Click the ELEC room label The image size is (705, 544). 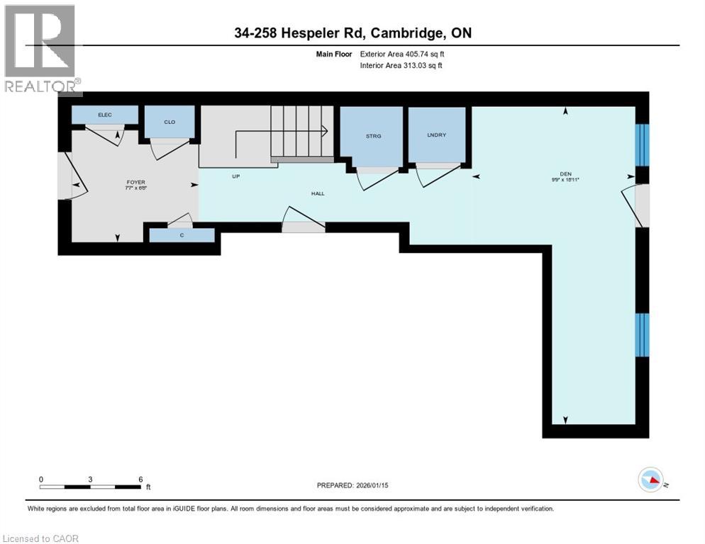(105, 115)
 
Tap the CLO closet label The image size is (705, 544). (170, 122)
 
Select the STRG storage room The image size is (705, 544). (373, 135)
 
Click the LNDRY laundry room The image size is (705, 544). (436, 135)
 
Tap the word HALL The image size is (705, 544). (318, 193)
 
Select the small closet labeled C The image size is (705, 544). (182, 234)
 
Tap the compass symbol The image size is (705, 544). (650, 480)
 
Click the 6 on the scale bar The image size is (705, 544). (140, 479)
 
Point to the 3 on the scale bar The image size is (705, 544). (91, 479)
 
